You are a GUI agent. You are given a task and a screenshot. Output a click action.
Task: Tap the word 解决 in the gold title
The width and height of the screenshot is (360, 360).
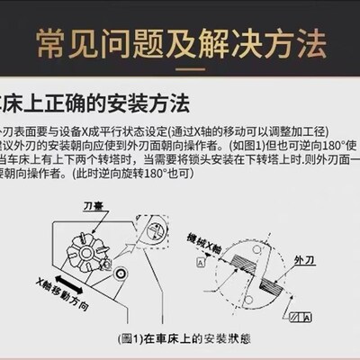(x=239, y=40)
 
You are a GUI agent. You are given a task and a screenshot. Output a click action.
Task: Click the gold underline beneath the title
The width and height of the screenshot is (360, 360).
(x=180, y=69)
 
